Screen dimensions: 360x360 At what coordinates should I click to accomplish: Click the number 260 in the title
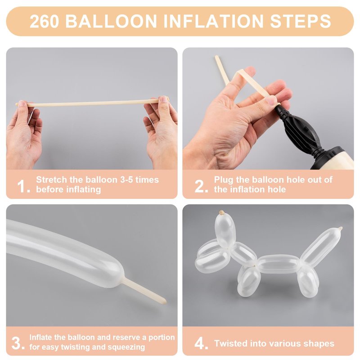click(44, 21)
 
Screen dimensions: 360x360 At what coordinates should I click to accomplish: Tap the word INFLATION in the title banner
click(213, 21)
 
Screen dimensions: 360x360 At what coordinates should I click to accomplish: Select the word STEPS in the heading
click(300, 21)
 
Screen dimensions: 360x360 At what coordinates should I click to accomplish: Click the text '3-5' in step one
click(126, 180)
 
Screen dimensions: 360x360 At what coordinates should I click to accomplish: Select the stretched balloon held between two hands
click(92, 103)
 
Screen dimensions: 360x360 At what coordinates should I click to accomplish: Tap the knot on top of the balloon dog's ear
click(221, 212)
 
